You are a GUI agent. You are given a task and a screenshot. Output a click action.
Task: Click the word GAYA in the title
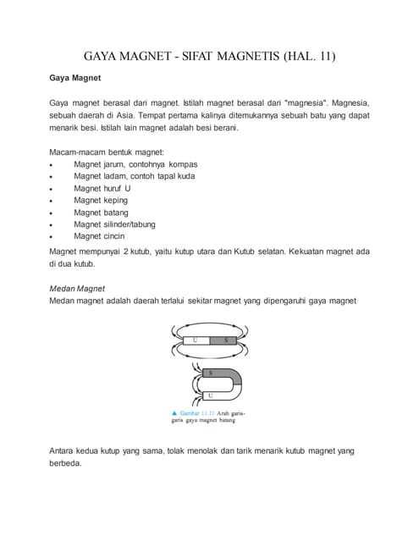click(x=106, y=57)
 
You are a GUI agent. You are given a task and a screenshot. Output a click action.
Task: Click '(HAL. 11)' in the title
click(x=309, y=57)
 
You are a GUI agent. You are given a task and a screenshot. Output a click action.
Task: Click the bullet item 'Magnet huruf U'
click(x=102, y=187)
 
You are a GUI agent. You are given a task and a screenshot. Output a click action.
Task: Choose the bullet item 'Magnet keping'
click(x=101, y=200)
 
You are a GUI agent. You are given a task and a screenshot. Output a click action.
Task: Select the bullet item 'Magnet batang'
click(x=101, y=212)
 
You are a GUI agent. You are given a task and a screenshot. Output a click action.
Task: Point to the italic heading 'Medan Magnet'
click(x=77, y=288)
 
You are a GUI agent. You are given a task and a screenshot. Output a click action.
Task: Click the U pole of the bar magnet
click(x=196, y=340)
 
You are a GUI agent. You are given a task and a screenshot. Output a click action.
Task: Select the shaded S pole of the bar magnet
click(x=225, y=340)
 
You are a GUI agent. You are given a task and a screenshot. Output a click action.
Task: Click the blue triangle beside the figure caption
click(x=174, y=412)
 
